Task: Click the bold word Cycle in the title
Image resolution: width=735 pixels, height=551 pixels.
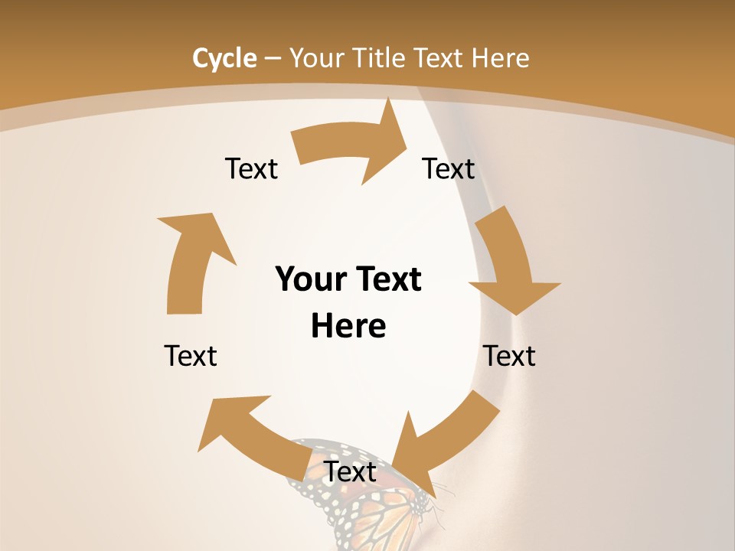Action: pos(224,58)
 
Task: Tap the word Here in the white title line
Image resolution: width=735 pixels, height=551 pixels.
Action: pos(500,58)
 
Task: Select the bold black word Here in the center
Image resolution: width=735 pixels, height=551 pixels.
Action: pos(348,327)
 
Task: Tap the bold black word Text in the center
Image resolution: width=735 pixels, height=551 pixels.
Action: pos(387,280)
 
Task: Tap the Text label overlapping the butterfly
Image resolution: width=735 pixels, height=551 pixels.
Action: pos(350,472)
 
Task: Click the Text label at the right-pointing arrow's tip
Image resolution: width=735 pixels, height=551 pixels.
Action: pos(449,169)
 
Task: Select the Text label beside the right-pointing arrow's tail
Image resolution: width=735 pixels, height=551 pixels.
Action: pos(251,169)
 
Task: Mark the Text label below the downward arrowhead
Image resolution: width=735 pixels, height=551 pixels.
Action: pos(509,356)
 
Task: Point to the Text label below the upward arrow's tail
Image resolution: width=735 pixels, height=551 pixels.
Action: pos(191,356)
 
